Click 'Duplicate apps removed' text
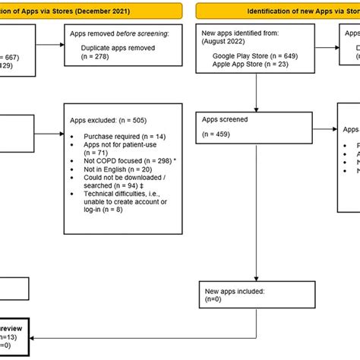point(117,48)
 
